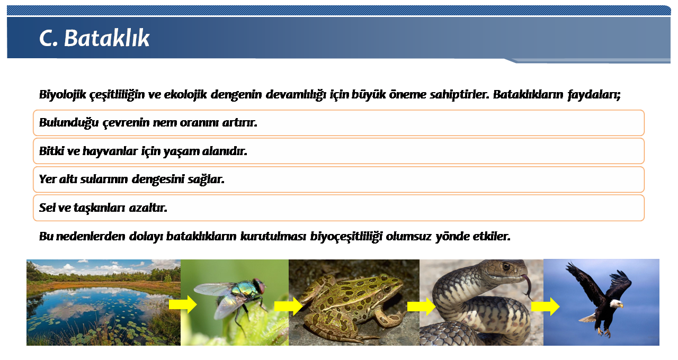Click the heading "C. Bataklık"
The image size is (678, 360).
[94, 38]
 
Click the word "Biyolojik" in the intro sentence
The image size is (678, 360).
[63, 95]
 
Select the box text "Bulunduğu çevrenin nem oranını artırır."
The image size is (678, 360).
[148, 123]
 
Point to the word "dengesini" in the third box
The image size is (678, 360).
[158, 179]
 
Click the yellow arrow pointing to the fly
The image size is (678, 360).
[183, 304]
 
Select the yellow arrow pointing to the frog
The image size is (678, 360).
[289, 306]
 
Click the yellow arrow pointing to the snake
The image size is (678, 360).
[421, 307]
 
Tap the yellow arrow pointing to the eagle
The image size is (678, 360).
[546, 307]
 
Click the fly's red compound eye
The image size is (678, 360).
[260, 285]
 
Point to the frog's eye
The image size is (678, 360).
[386, 287]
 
